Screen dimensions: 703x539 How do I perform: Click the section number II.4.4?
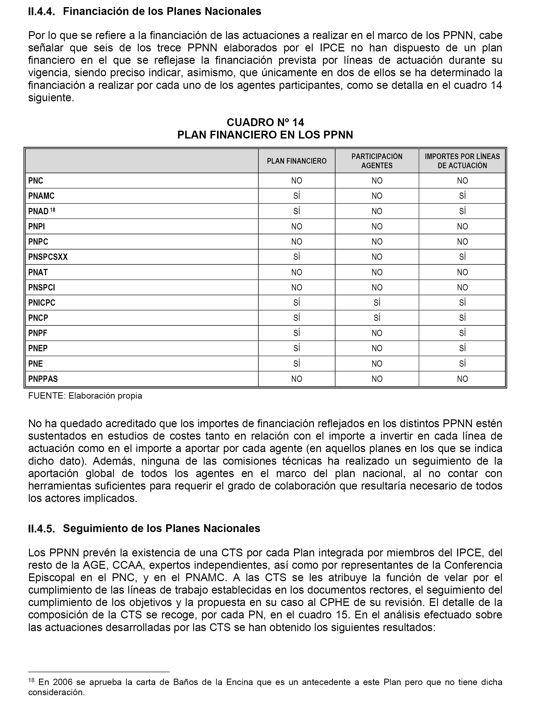tap(41, 12)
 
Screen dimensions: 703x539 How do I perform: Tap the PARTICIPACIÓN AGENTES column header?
tap(377, 161)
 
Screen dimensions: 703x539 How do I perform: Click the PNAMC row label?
tap(41, 196)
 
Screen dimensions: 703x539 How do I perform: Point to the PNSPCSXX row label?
tap(48, 257)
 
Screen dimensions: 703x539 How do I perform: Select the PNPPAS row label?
tap(43, 379)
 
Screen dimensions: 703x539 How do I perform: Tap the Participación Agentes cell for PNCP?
tap(377, 318)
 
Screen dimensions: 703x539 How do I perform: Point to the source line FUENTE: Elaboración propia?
tap(85, 396)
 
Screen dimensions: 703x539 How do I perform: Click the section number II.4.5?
tap(41, 528)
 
